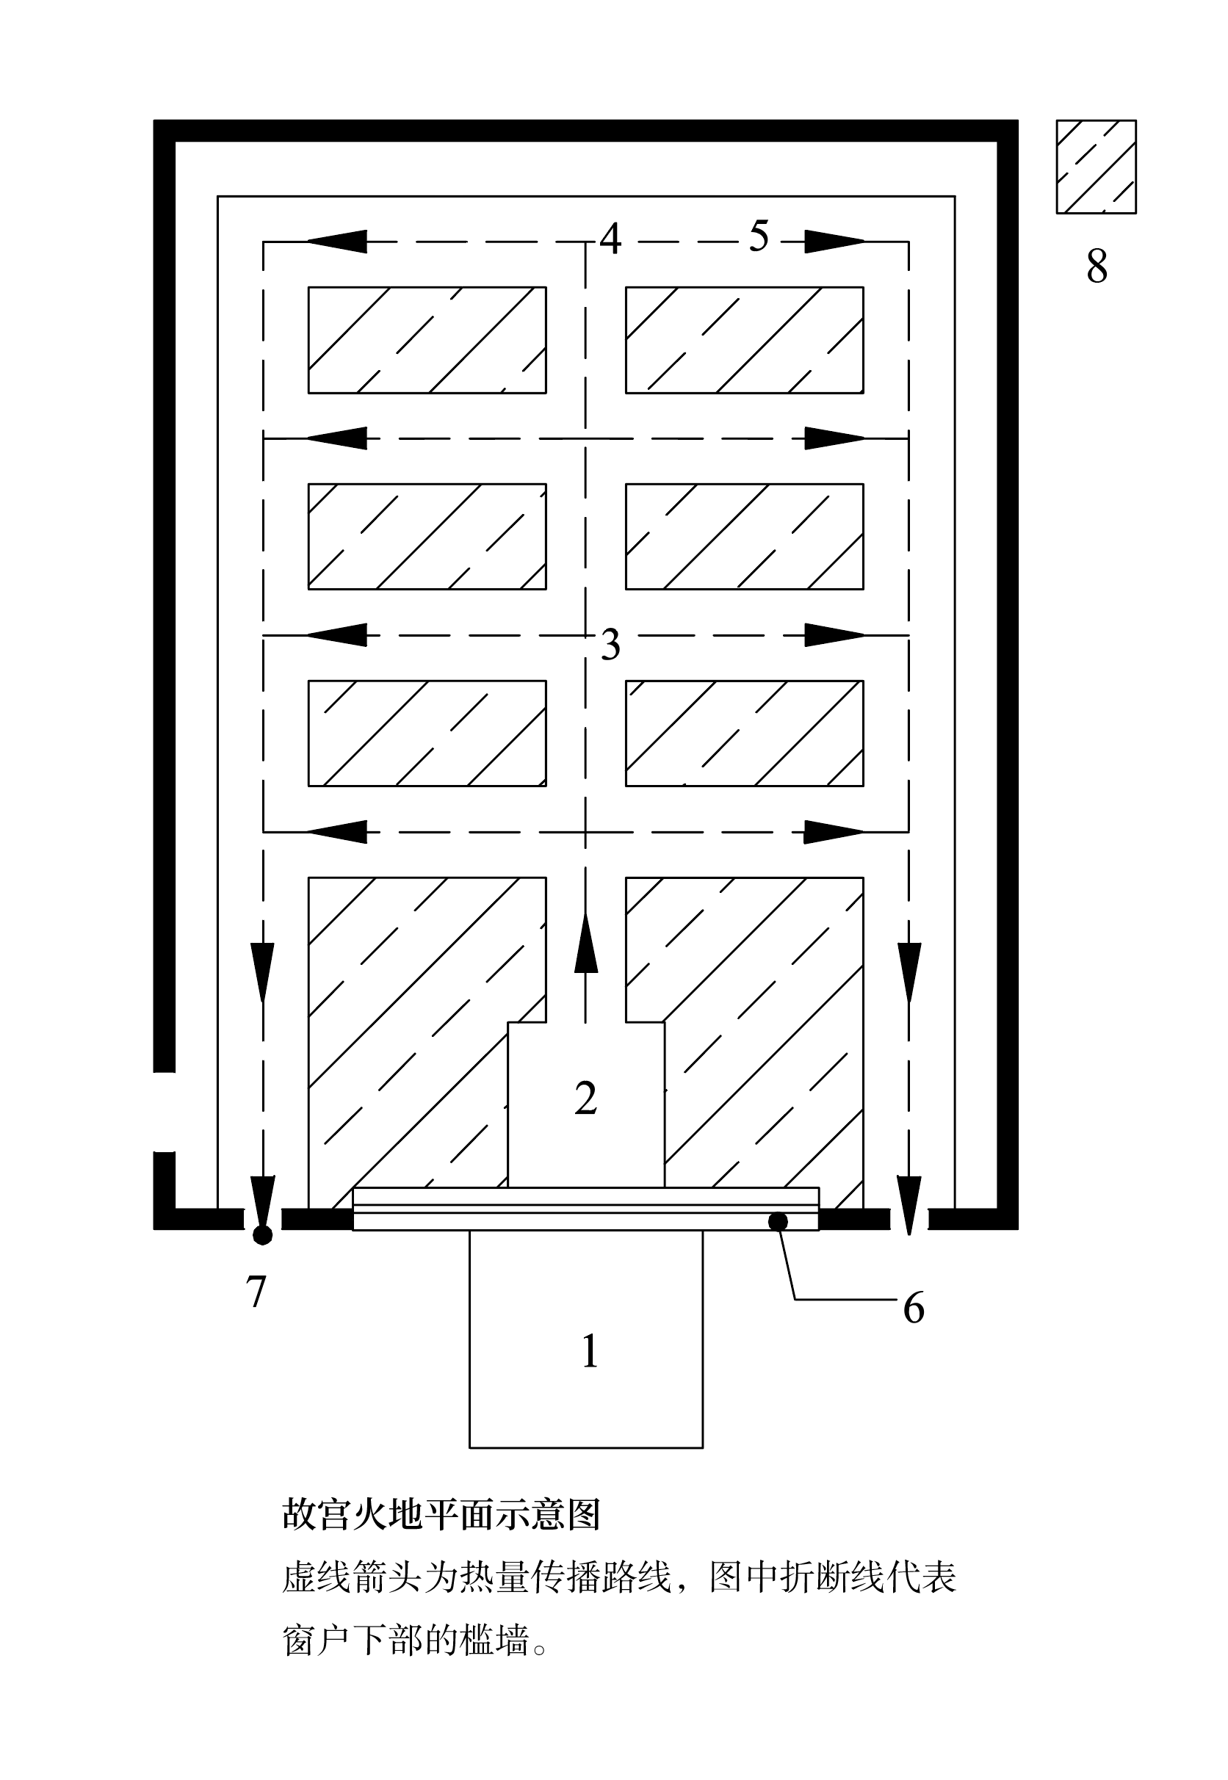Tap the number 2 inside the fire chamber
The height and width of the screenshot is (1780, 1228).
click(585, 1099)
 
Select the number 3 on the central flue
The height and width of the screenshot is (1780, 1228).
click(610, 645)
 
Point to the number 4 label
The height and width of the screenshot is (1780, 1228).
click(610, 239)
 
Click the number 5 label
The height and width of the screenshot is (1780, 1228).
click(759, 236)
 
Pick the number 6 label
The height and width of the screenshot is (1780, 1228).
click(914, 1309)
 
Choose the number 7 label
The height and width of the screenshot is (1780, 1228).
click(256, 1292)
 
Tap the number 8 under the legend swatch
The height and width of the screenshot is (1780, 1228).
click(1097, 267)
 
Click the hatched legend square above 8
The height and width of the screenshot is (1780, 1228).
click(1097, 167)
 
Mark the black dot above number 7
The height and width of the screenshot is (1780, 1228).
click(262, 1234)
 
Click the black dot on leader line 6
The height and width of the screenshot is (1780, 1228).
click(778, 1220)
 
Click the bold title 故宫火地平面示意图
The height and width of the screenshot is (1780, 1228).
click(441, 1514)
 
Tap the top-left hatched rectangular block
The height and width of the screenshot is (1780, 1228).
click(427, 340)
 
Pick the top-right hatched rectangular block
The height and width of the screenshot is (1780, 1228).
click(744, 340)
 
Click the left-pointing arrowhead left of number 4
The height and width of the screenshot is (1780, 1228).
click(336, 242)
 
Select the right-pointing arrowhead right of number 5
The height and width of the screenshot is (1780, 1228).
click(835, 242)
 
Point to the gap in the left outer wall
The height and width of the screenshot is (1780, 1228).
click(165, 1112)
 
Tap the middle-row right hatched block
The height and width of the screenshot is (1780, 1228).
click(744, 536)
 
